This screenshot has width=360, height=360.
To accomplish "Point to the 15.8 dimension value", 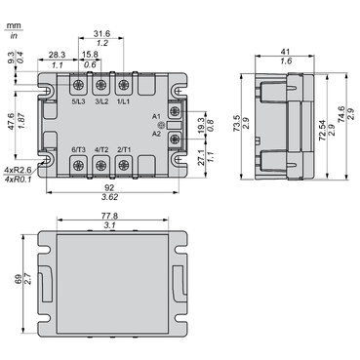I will pyautogui.click(x=89, y=55).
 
